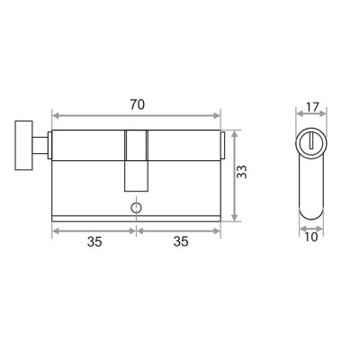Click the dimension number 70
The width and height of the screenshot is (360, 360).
pos(138,104)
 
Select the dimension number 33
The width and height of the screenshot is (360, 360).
pos(241,172)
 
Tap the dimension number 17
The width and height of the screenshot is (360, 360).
pos(311,107)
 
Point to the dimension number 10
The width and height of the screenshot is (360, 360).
pos(311,237)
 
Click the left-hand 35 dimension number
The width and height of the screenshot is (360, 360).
pos(94,241)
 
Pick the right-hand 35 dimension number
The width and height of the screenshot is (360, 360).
pos(181,241)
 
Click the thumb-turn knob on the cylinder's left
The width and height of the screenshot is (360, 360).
pos(23,146)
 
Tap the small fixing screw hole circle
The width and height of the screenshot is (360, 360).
pos(136,207)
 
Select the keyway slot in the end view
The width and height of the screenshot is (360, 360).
pos(311,142)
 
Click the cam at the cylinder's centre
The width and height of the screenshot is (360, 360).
pos(136,161)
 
